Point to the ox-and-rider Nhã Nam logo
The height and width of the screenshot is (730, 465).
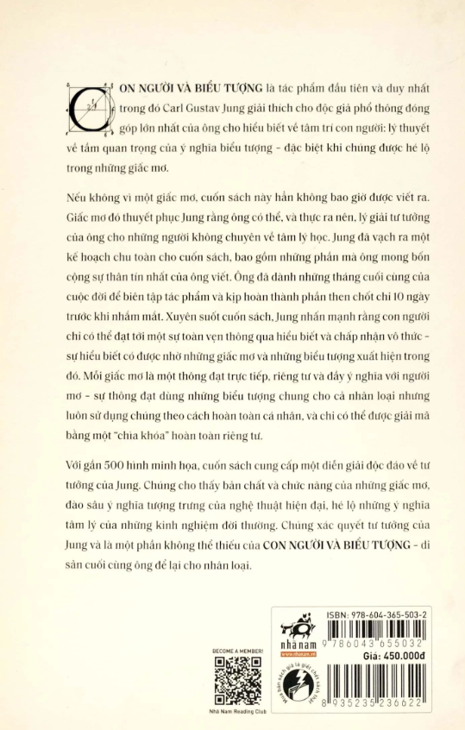point(302,626)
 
